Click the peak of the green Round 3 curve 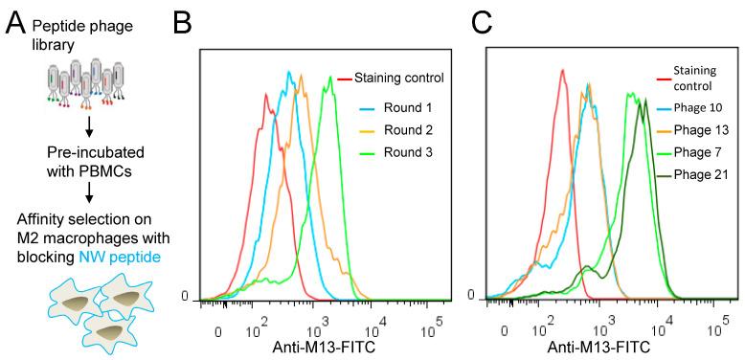(x=330, y=77)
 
